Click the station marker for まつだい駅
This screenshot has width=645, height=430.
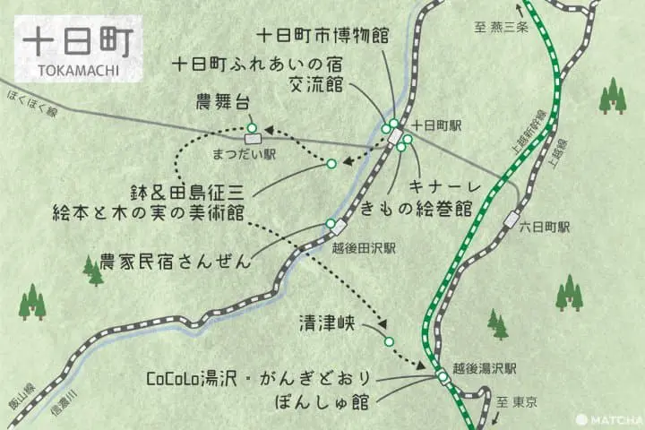click(x=254, y=138)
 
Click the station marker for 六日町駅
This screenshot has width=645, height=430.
click(x=512, y=218)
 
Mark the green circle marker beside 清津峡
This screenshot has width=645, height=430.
click(x=388, y=341)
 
